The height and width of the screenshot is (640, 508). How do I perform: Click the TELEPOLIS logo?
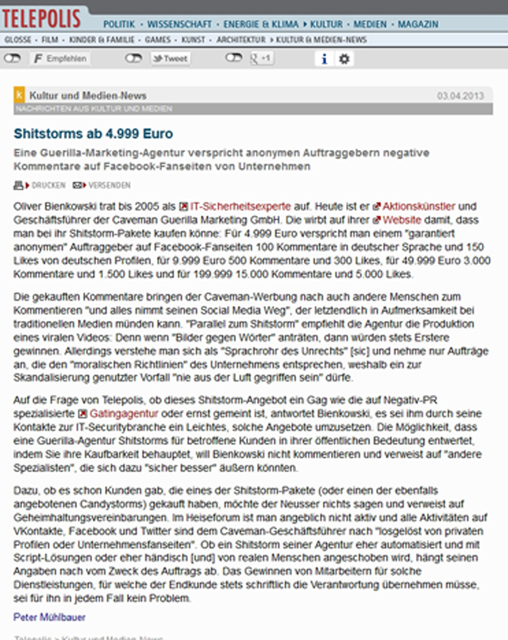(x=45, y=14)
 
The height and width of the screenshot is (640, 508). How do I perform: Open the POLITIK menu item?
(x=118, y=25)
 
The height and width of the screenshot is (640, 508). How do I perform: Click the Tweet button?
(x=171, y=59)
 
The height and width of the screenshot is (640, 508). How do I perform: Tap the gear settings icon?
(x=344, y=59)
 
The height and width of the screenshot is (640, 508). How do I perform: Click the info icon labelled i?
(x=324, y=59)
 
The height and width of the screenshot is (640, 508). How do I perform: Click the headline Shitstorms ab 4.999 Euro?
(x=93, y=133)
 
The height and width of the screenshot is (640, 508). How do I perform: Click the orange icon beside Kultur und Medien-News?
(x=20, y=96)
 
